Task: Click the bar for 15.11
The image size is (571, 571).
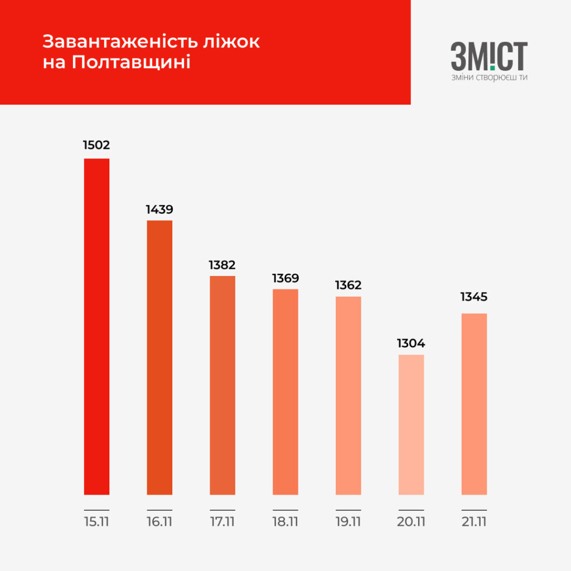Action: point(96,326)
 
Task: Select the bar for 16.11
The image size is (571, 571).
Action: point(159,357)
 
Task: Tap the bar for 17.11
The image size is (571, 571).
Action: point(222,385)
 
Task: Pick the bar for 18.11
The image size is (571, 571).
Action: point(285,391)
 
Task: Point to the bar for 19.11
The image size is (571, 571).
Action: point(348,395)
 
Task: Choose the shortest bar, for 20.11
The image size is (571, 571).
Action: point(411,424)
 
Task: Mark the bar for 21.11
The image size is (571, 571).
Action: point(474,404)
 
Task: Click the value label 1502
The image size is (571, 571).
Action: point(96,146)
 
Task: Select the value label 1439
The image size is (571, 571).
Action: point(159,210)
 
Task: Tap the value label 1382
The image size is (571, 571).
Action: point(222,265)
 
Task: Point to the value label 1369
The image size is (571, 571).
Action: point(285,278)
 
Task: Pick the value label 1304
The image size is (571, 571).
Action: point(411,343)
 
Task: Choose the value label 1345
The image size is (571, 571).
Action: point(474,297)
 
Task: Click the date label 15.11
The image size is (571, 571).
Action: point(96,522)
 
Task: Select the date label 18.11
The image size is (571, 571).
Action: point(285,522)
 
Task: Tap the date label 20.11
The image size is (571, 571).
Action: point(411,522)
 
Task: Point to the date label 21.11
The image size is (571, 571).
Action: point(474,522)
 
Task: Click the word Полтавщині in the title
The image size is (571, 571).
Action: point(131,62)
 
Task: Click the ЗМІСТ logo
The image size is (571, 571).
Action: point(489,56)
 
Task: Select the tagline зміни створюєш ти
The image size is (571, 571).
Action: point(489,78)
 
